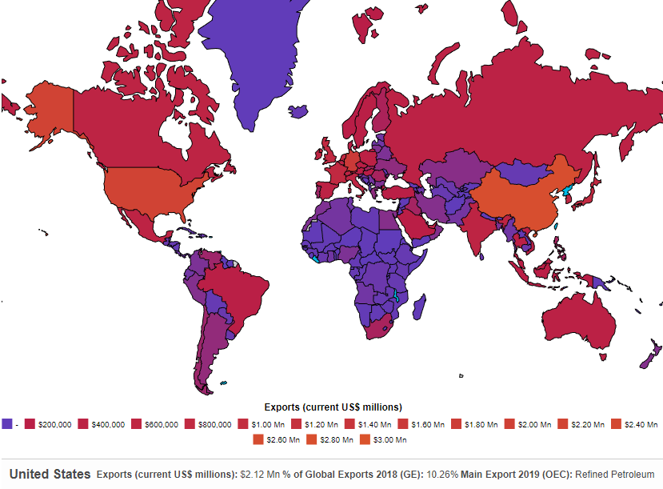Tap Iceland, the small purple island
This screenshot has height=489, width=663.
[x=299, y=113]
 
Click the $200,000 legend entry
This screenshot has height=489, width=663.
[x=50, y=424]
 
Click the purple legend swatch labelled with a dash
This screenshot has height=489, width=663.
[x=7, y=424]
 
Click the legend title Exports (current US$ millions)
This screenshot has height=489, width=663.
[x=333, y=407]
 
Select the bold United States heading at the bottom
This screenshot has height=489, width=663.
[x=50, y=474]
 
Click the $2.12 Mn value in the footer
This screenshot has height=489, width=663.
[x=258, y=475]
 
